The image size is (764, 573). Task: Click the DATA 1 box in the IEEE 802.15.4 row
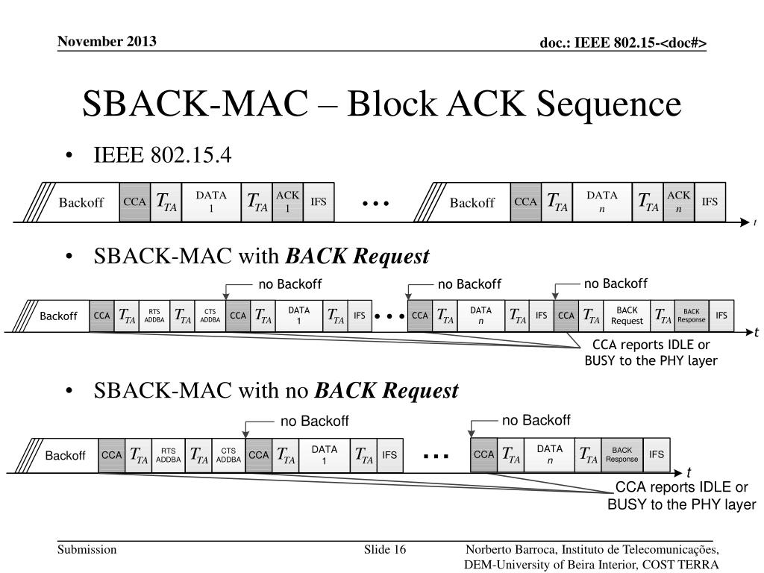point(211,202)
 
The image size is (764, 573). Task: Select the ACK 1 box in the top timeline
point(287,202)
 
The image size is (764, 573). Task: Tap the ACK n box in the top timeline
point(678,202)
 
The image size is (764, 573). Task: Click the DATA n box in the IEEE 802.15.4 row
point(602,202)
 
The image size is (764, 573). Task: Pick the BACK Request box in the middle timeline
point(627,316)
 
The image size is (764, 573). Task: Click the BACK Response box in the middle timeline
point(692,316)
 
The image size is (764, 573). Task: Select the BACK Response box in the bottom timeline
point(621,455)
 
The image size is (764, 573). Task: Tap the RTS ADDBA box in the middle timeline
point(154,316)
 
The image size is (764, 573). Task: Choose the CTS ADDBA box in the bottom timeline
point(228,455)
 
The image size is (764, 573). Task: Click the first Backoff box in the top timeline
point(81,202)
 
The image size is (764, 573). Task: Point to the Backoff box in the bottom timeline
point(66,455)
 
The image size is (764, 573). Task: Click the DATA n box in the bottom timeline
point(549,455)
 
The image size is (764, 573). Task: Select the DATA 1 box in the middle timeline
point(298,316)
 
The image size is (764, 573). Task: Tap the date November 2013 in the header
point(107,41)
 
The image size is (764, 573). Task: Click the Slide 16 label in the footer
point(385,550)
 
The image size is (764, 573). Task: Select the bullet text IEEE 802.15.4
point(163,156)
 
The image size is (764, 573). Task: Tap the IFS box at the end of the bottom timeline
point(657,455)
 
